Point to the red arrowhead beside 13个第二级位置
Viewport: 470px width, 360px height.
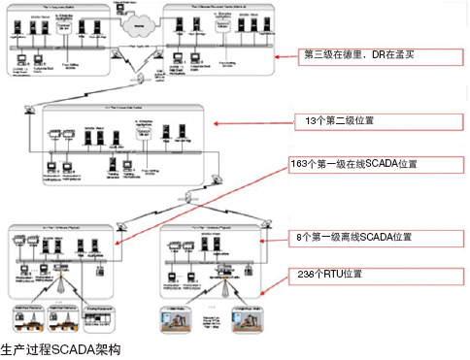217,124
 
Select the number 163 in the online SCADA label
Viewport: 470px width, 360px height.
298,163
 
